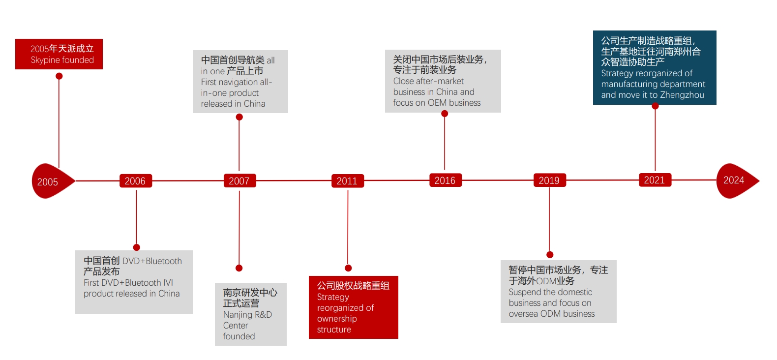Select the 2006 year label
(135, 181)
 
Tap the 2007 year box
(239, 181)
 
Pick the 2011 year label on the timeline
(347, 181)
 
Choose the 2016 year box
(445, 180)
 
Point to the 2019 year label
(549, 180)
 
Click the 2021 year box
(655, 180)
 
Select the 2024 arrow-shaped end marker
(735, 180)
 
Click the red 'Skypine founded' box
(59, 54)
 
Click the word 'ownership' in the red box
(337, 319)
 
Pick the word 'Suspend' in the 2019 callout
(523, 292)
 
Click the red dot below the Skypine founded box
(59, 76)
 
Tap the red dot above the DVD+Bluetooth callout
(137, 247)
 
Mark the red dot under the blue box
(655, 106)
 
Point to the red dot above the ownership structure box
(348, 268)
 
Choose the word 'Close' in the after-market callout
(403, 81)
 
